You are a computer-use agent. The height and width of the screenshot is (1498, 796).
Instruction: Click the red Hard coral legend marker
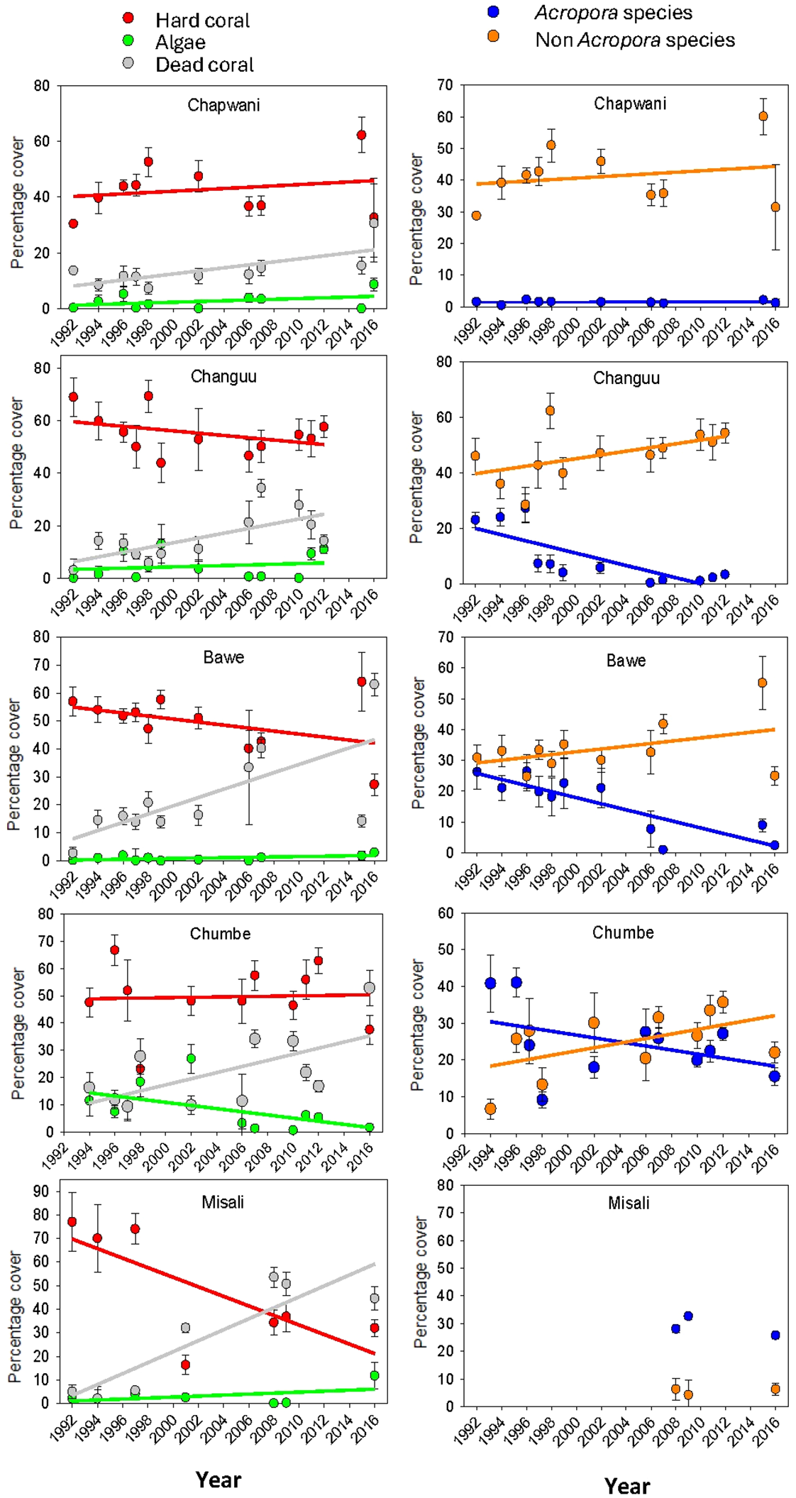click(x=128, y=18)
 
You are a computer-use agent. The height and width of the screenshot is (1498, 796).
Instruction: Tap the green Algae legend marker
click(x=128, y=40)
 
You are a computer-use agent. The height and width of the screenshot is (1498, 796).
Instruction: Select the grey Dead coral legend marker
click(x=128, y=63)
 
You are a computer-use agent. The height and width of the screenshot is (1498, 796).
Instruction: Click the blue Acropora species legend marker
click(x=493, y=11)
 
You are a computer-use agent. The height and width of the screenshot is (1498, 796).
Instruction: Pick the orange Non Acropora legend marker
click(x=493, y=36)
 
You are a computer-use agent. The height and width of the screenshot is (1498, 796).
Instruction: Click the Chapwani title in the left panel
click(x=223, y=105)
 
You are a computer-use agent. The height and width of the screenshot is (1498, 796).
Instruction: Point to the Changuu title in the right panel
click(x=626, y=378)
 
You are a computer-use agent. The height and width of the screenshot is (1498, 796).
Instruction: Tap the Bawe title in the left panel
click(x=223, y=657)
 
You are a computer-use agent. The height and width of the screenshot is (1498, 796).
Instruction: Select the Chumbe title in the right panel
click(x=623, y=932)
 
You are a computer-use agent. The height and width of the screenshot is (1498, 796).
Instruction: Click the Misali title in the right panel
click(x=629, y=1203)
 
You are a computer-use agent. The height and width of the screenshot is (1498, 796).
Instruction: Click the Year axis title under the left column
click(x=219, y=1479)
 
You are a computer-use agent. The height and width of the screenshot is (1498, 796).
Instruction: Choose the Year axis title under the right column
click(x=627, y=1485)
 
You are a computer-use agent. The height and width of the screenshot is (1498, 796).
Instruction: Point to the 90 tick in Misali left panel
click(x=41, y=1191)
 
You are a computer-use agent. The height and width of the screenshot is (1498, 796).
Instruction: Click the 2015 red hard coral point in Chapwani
click(x=362, y=135)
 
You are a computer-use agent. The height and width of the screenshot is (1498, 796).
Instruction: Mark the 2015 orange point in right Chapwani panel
click(x=763, y=116)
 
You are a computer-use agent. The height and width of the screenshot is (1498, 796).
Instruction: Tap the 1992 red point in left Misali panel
click(x=72, y=1221)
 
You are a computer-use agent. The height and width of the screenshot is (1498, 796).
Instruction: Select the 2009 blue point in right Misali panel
click(x=688, y=1316)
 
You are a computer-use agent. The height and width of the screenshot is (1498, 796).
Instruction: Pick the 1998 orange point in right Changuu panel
click(x=551, y=411)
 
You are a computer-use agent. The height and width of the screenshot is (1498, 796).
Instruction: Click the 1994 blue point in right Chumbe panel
click(x=490, y=983)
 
